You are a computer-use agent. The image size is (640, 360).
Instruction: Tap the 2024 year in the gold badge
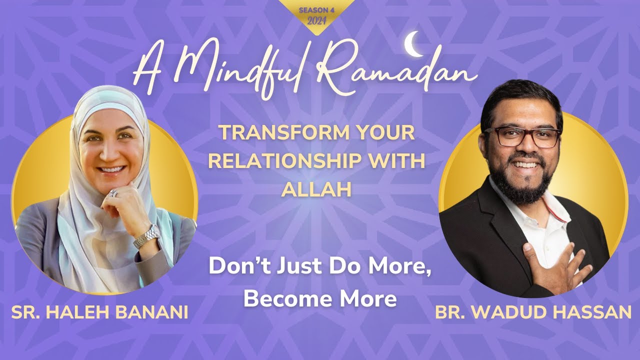coord(316,21)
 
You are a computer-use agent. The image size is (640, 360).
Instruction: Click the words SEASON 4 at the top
coord(316,9)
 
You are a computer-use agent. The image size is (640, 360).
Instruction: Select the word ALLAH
coord(316,189)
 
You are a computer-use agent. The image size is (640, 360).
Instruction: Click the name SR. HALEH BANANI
coord(99,312)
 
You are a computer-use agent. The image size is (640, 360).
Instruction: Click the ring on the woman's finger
coord(114,193)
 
